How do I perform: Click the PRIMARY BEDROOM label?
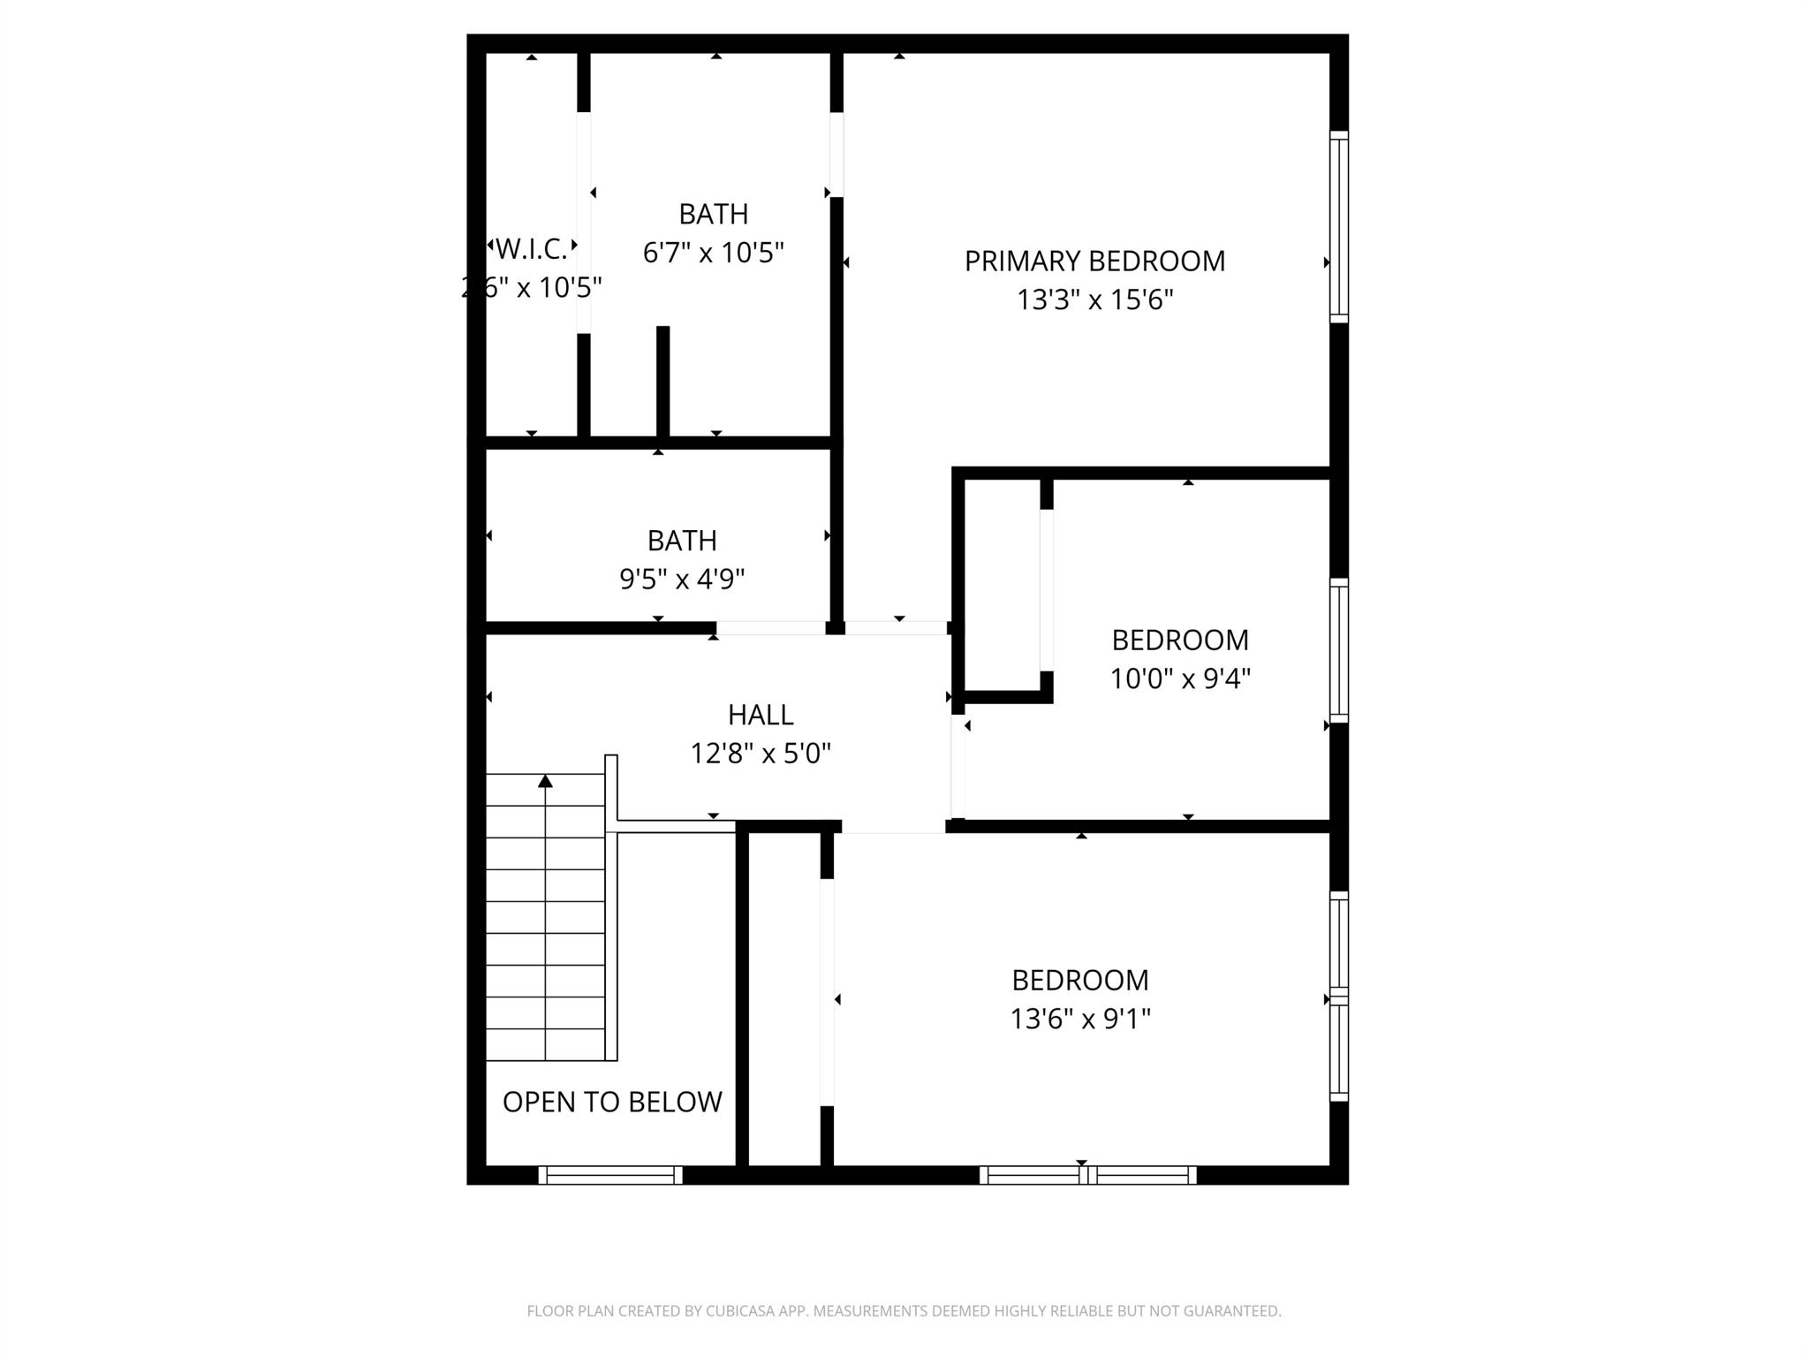(1094, 262)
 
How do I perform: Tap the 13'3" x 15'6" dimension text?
(1094, 300)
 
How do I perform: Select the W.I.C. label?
(531, 249)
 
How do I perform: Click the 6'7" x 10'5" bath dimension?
(713, 254)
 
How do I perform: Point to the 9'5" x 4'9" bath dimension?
(681, 580)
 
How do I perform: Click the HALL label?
(760, 714)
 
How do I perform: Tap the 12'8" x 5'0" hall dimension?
(760, 754)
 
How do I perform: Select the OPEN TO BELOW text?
(612, 1102)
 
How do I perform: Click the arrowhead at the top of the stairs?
(545, 781)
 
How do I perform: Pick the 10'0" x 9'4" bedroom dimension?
(1179, 678)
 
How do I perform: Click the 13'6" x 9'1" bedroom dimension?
(1079, 1020)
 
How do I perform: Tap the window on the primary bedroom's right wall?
(1339, 227)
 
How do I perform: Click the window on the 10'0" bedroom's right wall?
(1339, 650)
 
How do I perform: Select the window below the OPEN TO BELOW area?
(610, 1175)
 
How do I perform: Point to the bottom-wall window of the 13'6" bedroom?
(1087, 1175)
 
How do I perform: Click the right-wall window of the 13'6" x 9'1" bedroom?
(1339, 997)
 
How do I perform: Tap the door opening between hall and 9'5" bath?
(770, 628)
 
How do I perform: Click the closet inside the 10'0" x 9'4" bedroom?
(1003, 585)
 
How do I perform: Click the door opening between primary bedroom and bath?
(836, 155)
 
